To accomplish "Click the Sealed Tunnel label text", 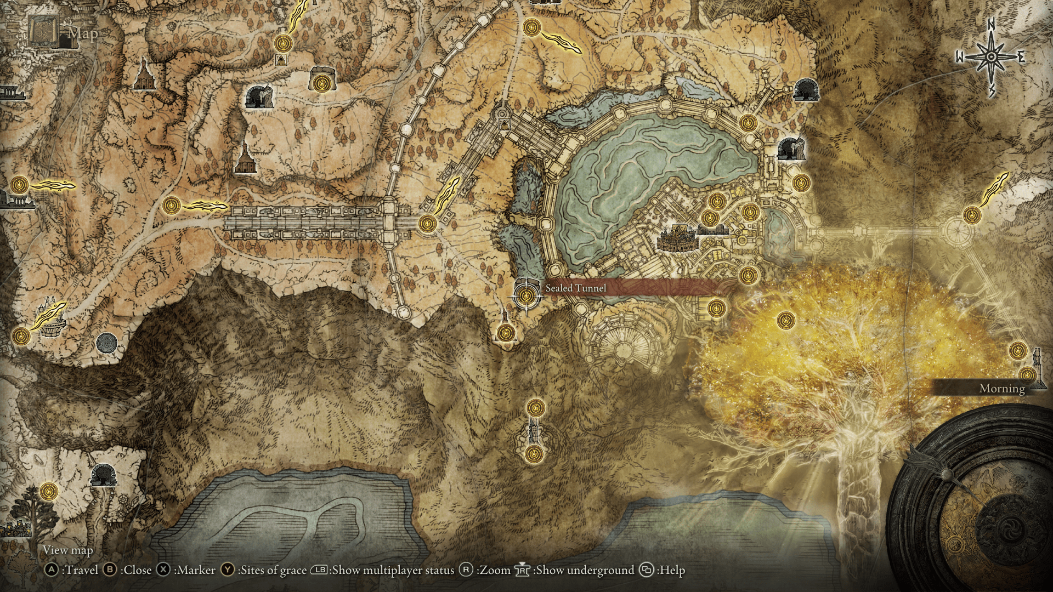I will [x=575, y=288].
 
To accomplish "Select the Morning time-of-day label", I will [x=1002, y=389].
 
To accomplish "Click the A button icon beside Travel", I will [x=52, y=570].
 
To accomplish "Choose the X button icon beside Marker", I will [x=163, y=570].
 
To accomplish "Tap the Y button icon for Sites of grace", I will [x=228, y=570].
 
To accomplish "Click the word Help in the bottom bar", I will [x=672, y=570].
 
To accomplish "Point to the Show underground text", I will [x=585, y=570].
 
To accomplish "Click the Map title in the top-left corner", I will [x=83, y=34].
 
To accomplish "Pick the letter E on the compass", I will [x=1021, y=57].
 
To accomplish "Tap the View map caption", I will [x=68, y=550].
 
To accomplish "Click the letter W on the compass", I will [x=960, y=57].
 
